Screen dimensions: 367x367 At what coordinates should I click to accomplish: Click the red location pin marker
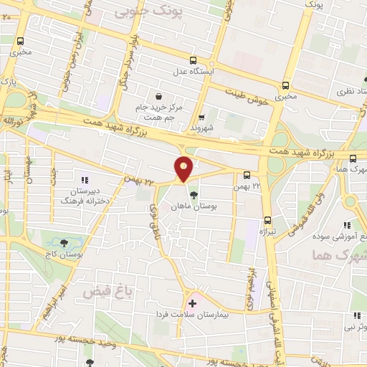point(183,169)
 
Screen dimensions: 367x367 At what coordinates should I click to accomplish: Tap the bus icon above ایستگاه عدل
point(192,61)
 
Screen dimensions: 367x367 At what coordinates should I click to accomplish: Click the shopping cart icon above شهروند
point(201,118)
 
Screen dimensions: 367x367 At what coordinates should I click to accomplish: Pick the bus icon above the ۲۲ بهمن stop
point(247,175)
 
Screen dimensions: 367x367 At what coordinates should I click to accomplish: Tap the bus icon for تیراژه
point(267,220)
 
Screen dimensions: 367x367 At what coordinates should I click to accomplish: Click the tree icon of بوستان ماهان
point(194,194)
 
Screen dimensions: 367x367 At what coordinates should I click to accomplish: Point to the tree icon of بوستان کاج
point(65,243)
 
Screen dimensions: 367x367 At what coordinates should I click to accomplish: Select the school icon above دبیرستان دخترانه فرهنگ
point(85,180)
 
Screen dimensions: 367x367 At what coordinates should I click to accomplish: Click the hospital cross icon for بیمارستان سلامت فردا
point(192,303)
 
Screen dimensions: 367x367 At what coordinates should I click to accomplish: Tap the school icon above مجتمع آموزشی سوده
point(349,225)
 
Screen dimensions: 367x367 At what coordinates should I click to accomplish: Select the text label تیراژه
point(267,233)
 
